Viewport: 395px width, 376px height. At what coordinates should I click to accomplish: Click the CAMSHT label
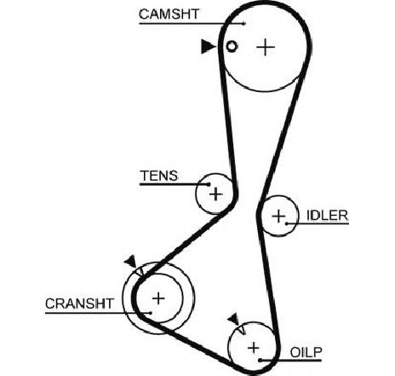click(169, 14)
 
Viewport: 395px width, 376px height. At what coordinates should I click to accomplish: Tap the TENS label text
click(159, 176)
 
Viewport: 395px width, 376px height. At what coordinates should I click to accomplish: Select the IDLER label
click(327, 216)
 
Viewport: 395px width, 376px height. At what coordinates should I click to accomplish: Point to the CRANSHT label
click(79, 304)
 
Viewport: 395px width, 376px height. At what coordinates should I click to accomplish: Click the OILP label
click(306, 353)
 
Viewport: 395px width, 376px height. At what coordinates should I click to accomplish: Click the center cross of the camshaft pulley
click(266, 47)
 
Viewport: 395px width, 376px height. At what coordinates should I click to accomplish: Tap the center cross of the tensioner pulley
click(216, 194)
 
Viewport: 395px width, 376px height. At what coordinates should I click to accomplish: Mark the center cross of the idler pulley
click(278, 217)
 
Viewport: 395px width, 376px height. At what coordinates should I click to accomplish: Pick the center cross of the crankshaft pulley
click(158, 298)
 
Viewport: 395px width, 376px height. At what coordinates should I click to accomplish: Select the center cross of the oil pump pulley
click(254, 348)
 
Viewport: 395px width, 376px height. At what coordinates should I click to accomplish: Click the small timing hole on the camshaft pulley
click(232, 46)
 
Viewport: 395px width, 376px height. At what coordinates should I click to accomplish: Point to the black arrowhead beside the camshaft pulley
click(208, 46)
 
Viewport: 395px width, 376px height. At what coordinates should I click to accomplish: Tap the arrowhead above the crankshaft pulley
click(130, 261)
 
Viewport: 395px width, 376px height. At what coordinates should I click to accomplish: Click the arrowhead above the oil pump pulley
click(234, 319)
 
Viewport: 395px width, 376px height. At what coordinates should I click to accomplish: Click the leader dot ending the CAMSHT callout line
click(243, 24)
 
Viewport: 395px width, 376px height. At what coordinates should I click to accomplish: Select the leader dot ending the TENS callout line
click(209, 184)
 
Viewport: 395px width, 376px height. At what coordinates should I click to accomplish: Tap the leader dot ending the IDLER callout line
click(287, 223)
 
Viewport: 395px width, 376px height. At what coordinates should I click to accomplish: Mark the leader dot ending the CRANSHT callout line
click(151, 313)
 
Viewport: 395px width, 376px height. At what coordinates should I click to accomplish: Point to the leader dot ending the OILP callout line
click(260, 361)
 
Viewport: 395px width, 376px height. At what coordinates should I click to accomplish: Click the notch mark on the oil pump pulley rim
click(242, 330)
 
